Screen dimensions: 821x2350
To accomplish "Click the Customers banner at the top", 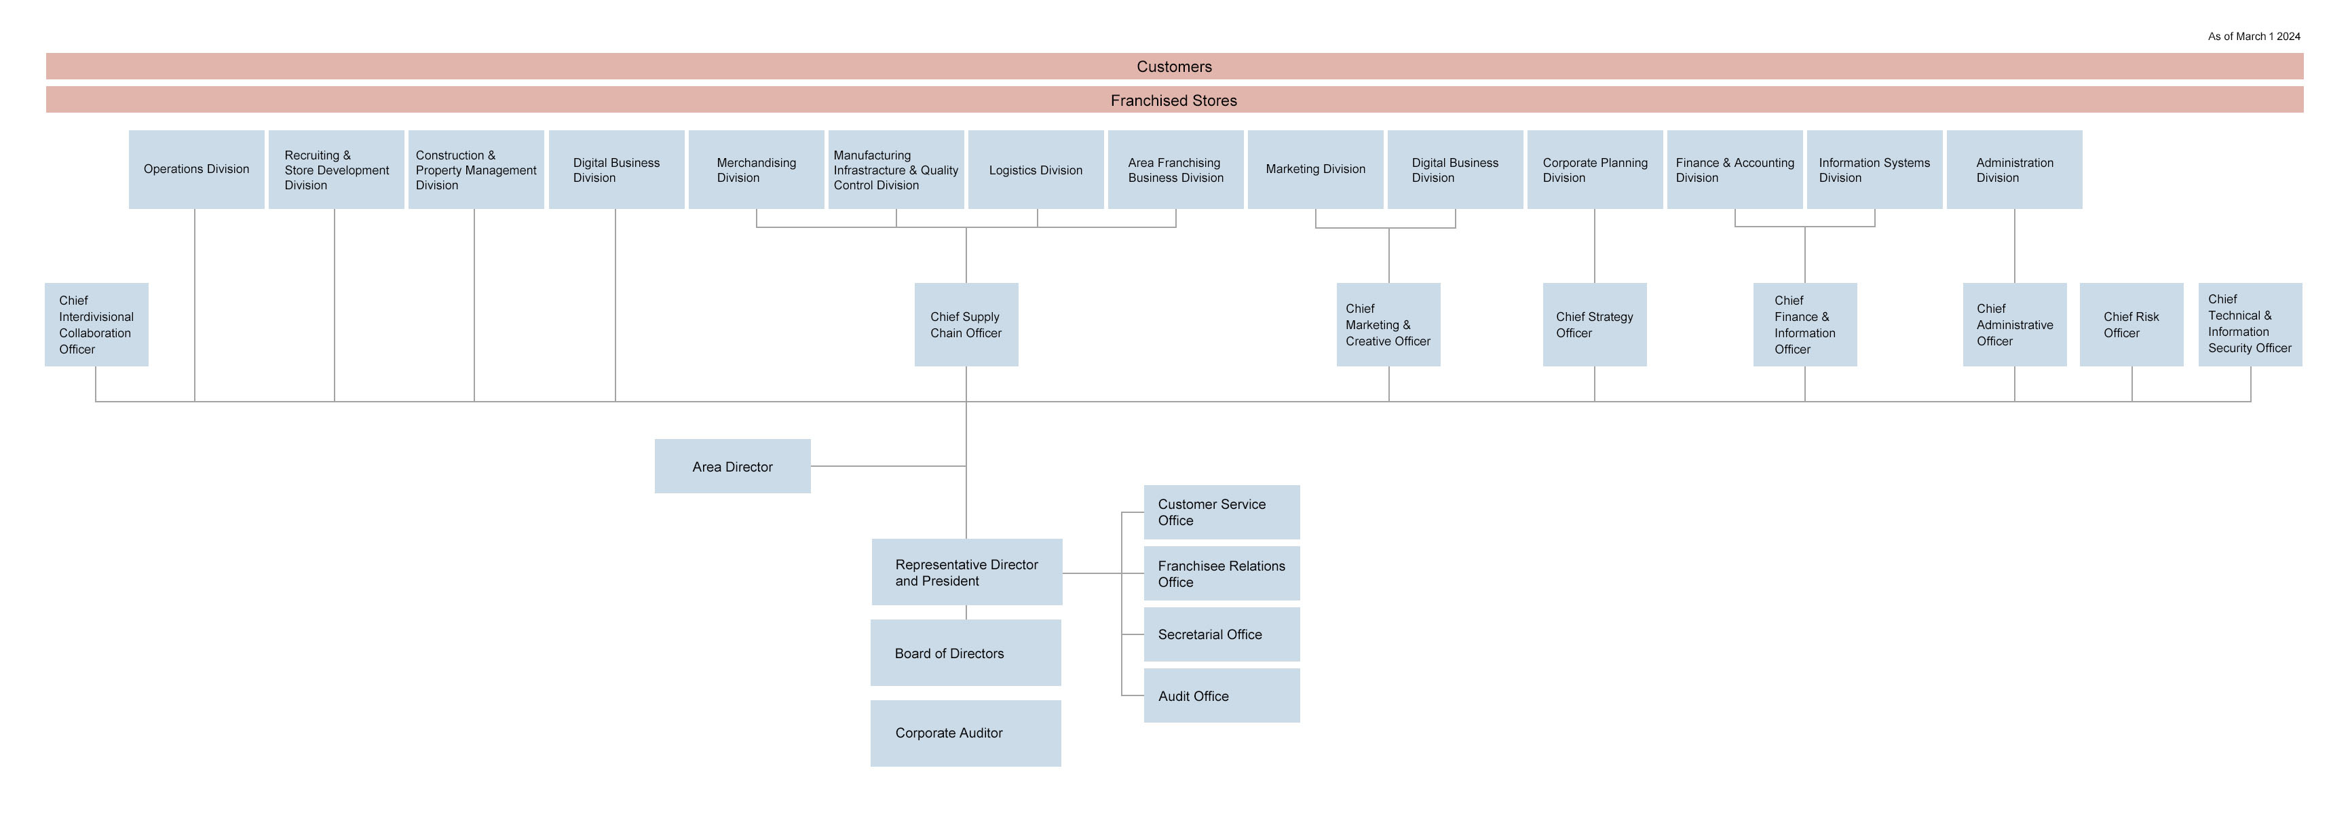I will click(x=1174, y=66).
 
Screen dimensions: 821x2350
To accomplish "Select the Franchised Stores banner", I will click(x=1174, y=100).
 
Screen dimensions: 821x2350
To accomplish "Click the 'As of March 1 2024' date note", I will click(x=2254, y=37).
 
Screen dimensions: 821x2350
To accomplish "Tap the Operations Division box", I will click(x=196, y=170).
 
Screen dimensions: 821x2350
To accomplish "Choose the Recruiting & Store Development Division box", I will click(x=336, y=170).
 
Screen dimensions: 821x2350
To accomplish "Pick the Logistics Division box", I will click(x=1036, y=170).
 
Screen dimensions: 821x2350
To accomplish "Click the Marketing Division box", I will click(x=1314, y=170).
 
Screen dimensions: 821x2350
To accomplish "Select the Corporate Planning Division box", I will click(x=1595, y=170).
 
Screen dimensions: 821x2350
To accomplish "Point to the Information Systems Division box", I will click(x=1874, y=170).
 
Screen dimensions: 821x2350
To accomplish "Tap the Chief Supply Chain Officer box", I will click(x=966, y=325).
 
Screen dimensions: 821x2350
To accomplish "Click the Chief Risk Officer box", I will click(x=2131, y=325).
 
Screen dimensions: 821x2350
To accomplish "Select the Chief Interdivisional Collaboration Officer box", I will click(x=96, y=325).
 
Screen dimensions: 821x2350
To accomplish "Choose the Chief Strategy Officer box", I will click(x=1595, y=325).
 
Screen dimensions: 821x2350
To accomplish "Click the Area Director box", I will click(x=732, y=466).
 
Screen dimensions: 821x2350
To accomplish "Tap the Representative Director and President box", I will click(x=966, y=572).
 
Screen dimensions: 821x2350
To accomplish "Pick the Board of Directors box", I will click(x=965, y=653).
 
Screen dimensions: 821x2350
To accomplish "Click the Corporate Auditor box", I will click(x=965, y=733).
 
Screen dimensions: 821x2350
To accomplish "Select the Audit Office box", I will click(x=1221, y=696).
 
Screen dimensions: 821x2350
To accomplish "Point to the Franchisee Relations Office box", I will click(x=1221, y=574).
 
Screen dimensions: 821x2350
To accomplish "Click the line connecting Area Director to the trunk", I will click(x=888, y=466).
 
